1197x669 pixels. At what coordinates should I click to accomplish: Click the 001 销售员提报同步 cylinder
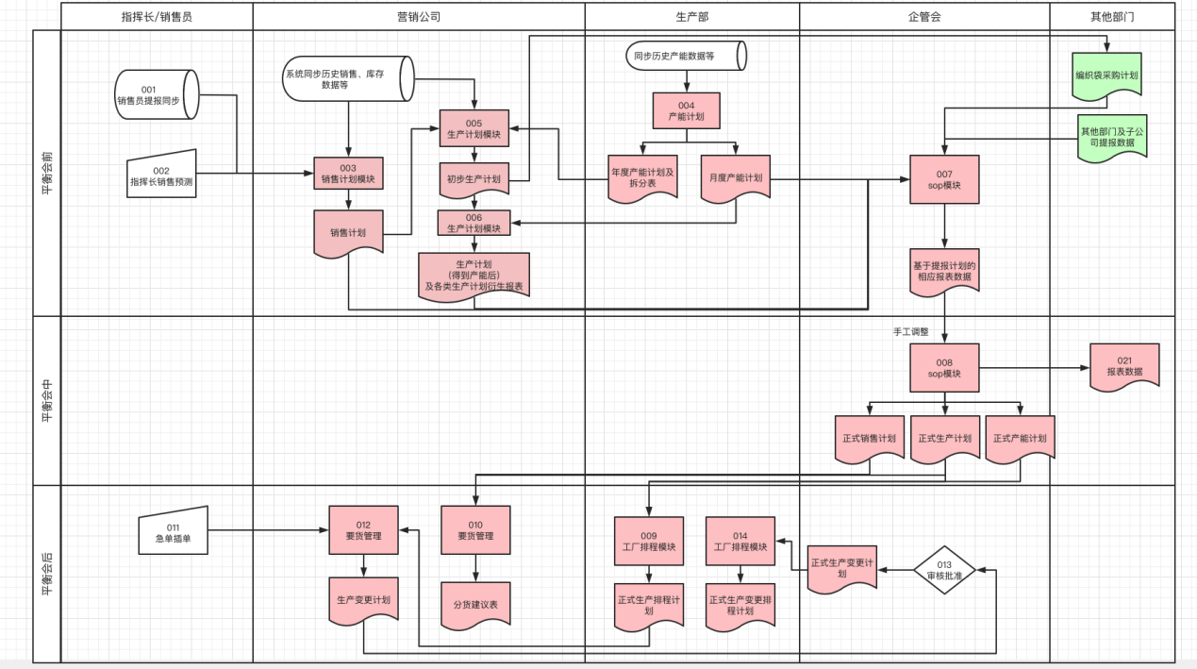pyautogui.click(x=155, y=94)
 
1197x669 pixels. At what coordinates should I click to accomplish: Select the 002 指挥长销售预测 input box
pyautogui.click(x=161, y=175)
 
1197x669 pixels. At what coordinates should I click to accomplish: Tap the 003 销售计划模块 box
pyautogui.click(x=348, y=174)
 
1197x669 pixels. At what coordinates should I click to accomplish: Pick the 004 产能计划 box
pyautogui.click(x=686, y=110)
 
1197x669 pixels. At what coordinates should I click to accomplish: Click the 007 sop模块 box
pyautogui.click(x=944, y=179)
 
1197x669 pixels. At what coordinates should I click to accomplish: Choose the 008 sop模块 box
pyautogui.click(x=944, y=367)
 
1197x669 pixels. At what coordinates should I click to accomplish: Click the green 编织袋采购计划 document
pyautogui.click(x=1106, y=75)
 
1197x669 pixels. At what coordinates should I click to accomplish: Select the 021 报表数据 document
pyautogui.click(x=1124, y=367)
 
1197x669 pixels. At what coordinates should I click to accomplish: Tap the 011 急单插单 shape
pyautogui.click(x=173, y=533)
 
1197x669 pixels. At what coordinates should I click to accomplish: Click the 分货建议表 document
pyautogui.click(x=475, y=603)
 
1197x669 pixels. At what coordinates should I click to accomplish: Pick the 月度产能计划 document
pyautogui.click(x=736, y=179)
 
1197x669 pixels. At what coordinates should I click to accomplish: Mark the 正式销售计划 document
pyautogui.click(x=870, y=439)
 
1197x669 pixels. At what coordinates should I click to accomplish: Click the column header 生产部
pyautogui.click(x=691, y=16)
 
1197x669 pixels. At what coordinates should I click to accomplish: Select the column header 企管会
pyautogui.click(x=924, y=16)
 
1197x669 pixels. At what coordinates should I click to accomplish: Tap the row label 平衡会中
pyautogui.click(x=46, y=401)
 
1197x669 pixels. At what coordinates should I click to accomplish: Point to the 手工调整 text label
pyautogui.click(x=910, y=332)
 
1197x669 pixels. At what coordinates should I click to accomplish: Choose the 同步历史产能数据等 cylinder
pyautogui.click(x=686, y=56)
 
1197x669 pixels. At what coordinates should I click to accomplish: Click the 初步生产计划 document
pyautogui.click(x=474, y=179)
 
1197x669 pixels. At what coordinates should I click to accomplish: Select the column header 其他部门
pyautogui.click(x=1112, y=16)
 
